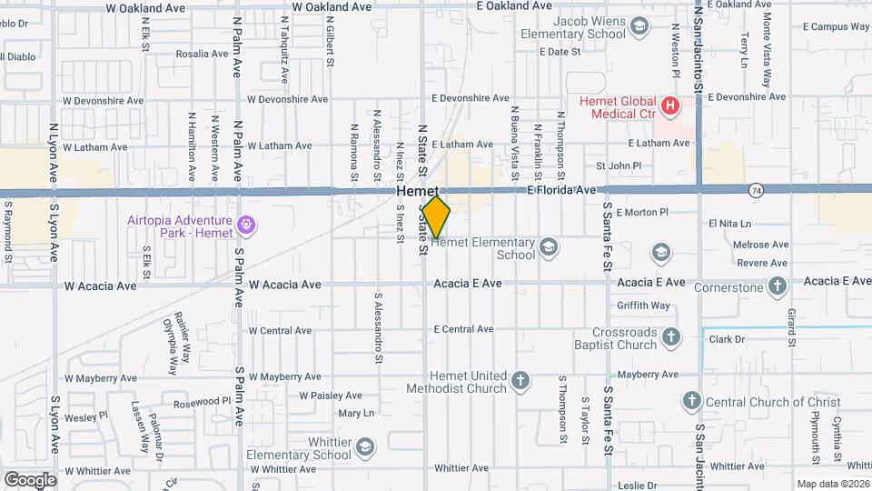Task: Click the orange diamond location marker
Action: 437,217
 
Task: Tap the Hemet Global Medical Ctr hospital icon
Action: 670,106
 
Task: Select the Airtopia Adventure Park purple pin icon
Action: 244,224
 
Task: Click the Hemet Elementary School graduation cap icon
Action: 548,246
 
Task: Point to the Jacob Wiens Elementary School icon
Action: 640,27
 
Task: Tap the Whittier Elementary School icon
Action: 365,446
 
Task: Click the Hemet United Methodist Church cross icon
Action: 520,381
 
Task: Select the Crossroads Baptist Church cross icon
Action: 671,338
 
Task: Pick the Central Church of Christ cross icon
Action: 691,401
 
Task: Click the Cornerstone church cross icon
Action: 777,286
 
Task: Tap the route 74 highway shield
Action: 756,191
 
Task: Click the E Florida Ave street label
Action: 561,191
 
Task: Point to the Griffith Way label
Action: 642,306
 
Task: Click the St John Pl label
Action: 618,166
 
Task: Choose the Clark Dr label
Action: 727,339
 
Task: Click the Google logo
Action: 29,479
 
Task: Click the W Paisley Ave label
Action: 331,396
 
